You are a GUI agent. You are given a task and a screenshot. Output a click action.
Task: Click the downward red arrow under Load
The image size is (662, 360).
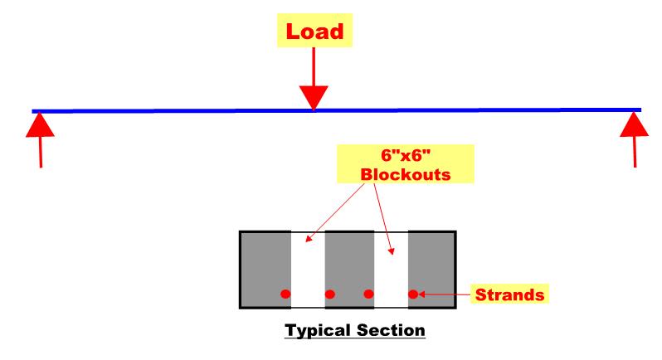(x=313, y=83)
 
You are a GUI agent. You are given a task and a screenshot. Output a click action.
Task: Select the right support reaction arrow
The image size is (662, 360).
(x=635, y=137)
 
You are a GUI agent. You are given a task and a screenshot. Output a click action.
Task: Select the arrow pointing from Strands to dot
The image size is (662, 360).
(x=444, y=294)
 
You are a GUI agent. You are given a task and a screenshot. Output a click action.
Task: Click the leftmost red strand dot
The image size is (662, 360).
(x=285, y=294)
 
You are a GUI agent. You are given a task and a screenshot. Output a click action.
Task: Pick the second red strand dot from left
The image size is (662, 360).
(x=329, y=294)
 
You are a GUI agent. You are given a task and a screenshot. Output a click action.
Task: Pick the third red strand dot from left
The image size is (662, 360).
(x=369, y=294)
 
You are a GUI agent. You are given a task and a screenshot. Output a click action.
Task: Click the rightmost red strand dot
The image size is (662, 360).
(x=412, y=294)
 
